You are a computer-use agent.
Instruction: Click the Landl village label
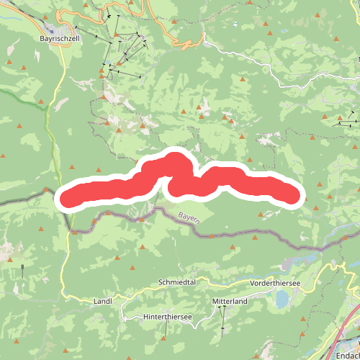(x=103, y=302)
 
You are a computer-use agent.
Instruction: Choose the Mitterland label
(x=229, y=302)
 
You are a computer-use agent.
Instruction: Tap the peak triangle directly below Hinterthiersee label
(x=166, y=334)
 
